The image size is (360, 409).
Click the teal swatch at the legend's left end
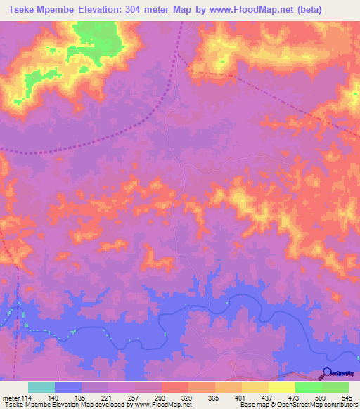(41, 387)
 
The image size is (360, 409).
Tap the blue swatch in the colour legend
(68, 387)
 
